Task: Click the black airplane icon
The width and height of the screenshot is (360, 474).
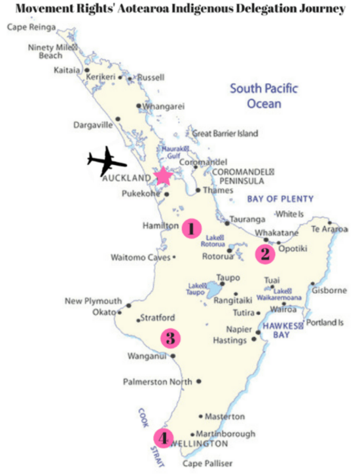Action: tap(106, 162)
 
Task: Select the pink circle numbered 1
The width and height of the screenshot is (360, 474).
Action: tap(190, 228)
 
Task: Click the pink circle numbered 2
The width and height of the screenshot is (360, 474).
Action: tap(264, 253)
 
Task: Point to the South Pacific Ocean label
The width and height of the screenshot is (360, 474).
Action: tap(264, 96)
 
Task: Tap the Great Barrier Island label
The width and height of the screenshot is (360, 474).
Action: tap(225, 134)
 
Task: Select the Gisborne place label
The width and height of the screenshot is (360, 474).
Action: tap(327, 289)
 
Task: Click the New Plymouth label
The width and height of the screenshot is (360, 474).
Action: tap(93, 301)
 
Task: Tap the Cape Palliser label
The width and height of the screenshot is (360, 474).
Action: tap(207, 464)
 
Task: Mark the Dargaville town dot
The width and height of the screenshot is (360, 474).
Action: tap(118, 119)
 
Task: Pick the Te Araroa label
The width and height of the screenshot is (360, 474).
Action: tap(329, 230)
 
